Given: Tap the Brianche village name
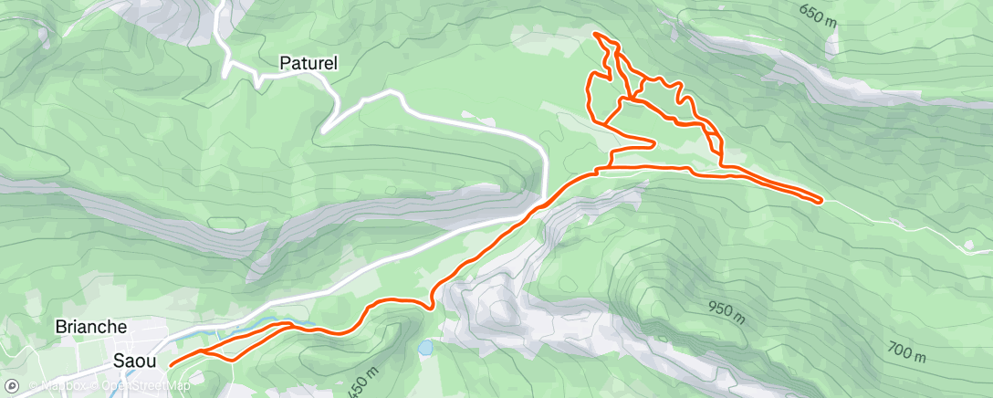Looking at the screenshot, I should pos(91,327).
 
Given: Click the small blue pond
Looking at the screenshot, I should pos(426,348).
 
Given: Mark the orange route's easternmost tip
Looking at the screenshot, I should pos(822,200).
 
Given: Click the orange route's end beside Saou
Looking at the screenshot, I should pos(171,365).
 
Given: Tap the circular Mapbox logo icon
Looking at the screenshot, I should pos(12,386).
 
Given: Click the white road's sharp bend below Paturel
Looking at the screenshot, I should pos(324,131).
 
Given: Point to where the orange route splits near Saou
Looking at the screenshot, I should pos(203,350).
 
